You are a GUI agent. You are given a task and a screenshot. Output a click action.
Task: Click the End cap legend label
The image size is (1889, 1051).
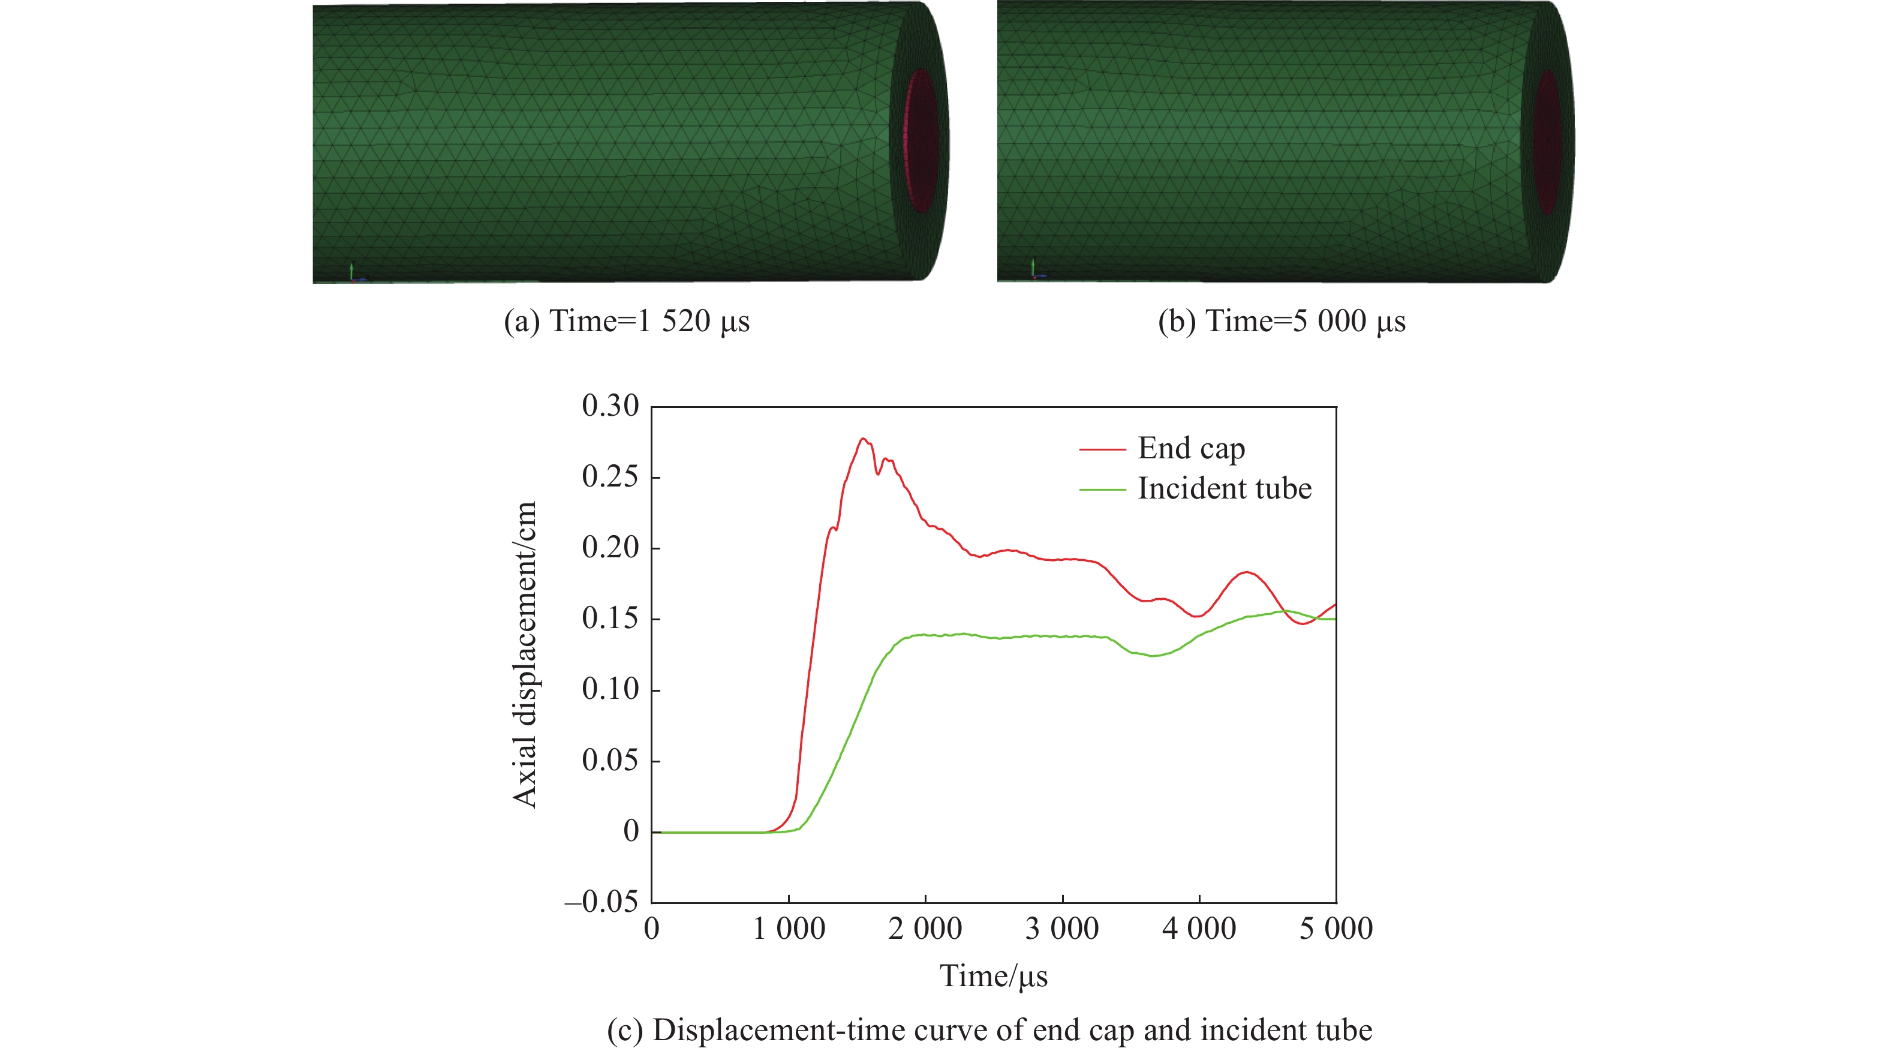pos(1191,448)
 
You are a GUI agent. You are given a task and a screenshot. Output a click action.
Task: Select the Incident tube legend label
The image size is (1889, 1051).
pos(1224,488)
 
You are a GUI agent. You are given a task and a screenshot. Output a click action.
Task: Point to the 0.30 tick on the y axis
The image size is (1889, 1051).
pos(610,406)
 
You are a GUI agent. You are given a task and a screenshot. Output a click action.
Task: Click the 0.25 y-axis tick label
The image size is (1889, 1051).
pos(610,477)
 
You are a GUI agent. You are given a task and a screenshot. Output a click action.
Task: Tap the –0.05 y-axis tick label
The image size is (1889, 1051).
pos(601,902)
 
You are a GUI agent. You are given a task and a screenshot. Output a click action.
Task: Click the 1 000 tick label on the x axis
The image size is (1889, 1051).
pos(789,929)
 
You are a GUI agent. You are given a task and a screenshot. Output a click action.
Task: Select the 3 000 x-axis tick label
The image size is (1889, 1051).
pos(1062,929)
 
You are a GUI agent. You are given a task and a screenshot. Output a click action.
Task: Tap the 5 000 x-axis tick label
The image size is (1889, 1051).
pos(1335,929)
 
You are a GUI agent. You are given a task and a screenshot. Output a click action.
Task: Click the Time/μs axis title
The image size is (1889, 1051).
pos(994,976)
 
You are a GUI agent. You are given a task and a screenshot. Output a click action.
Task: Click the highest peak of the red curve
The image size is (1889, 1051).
pos(863,439)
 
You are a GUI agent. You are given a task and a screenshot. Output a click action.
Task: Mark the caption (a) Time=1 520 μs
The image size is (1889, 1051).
pos(626,322)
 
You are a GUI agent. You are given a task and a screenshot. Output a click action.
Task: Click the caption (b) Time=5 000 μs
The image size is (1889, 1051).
pos(1281,322)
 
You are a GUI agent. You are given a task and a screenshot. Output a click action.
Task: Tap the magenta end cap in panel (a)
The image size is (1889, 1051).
pos(921,141)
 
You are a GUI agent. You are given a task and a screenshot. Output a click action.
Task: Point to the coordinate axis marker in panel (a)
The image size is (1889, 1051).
pos(353,273)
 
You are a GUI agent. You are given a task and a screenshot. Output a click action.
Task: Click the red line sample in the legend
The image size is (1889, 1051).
pos(1102,449)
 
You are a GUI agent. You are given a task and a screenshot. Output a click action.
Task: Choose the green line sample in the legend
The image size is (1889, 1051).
pos(1102,489)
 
